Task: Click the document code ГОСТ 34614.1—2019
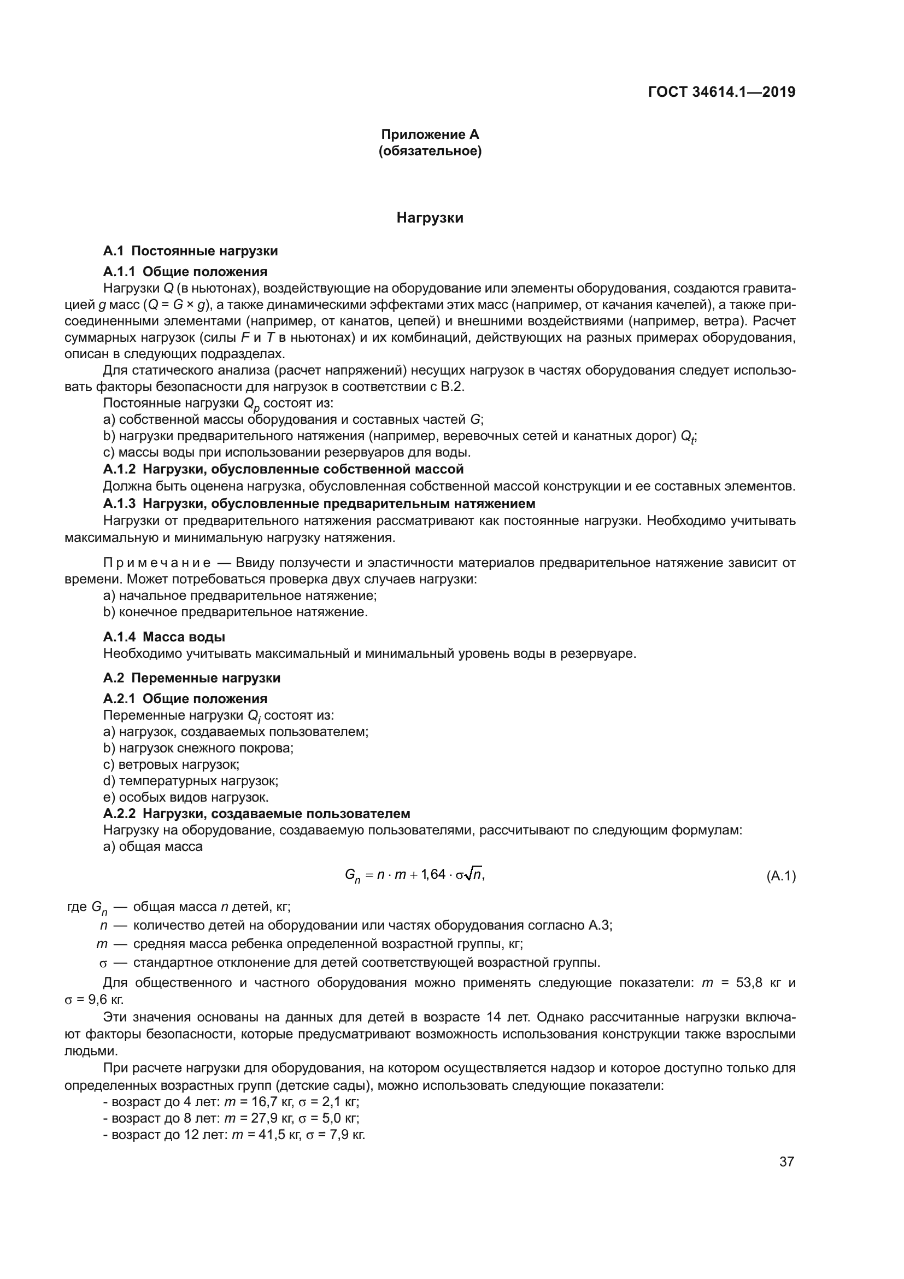tap(721, 92)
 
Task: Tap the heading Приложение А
tap(430, 135)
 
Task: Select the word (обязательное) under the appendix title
tap(430, 151)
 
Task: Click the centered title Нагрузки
tap(430, 218)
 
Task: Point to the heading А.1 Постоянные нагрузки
tap(190, 251)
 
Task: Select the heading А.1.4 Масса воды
tap(164, 636)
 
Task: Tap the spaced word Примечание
tap(157, 563)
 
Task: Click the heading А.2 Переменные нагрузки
tap(191, 678)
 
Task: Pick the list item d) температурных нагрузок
tap(190, 781)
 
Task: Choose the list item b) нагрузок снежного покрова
tap(198, 748)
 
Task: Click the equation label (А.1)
tap(781, 876)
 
